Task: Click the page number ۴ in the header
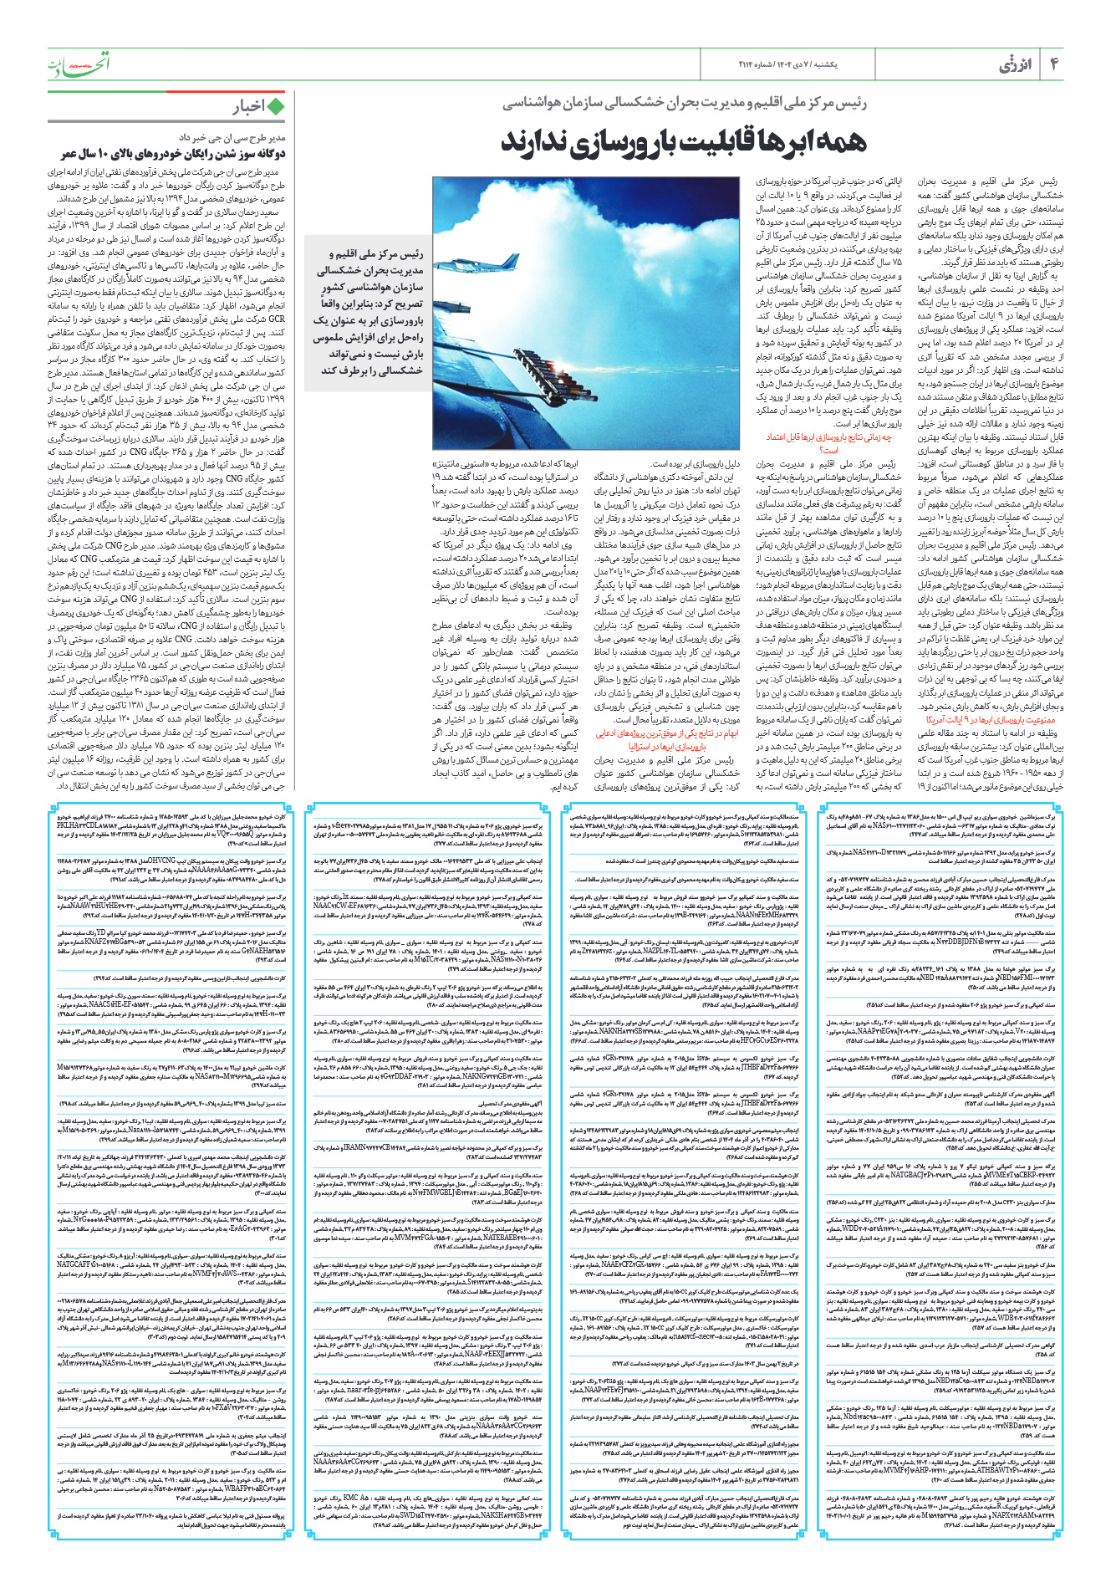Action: (1054, 64)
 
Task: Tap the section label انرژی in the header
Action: (1013, 65)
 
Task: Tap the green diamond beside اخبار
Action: (274, 106)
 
